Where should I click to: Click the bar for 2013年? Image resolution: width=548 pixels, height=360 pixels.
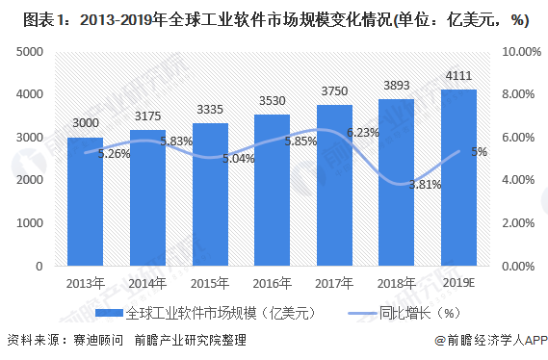coord(86,202)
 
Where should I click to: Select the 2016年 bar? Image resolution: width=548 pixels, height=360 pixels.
coord(272,191)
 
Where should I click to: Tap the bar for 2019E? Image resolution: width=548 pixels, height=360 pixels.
coord(458,178)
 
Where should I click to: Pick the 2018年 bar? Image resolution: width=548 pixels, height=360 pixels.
coord(397,183)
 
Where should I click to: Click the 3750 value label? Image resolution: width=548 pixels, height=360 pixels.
coord(334,91)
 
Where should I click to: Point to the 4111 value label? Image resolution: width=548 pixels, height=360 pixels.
coord(458,75)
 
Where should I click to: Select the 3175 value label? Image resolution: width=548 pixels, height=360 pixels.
coord(147,116)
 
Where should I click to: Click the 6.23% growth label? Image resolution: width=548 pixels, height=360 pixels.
coord(363,133)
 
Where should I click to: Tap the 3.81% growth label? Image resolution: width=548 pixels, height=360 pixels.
coord(425,184)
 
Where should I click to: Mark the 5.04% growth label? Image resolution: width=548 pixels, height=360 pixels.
coord(238,159)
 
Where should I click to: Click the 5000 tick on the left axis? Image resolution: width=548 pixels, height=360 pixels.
coord(30,52)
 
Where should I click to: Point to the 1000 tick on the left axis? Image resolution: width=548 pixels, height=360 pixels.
coord(30,222)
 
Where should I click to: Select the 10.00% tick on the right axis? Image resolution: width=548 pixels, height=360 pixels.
coord(521,52)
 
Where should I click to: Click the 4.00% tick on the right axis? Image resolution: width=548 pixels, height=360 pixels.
coord(518,180)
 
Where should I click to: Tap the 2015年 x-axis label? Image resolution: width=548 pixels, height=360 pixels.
coord(210,283)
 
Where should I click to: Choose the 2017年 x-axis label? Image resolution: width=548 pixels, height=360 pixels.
coord(334,283)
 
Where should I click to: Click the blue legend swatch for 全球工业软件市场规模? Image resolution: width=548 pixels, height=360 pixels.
coord(110,313)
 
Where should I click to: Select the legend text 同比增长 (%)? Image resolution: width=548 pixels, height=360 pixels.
coord(419,313)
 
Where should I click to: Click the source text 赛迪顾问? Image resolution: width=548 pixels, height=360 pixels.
coord(98,340)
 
